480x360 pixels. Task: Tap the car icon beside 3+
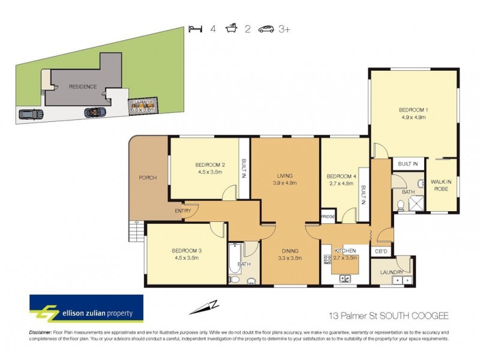pos(266,28)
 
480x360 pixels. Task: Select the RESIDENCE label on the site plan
pos(83,86)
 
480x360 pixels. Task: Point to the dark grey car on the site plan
pos(29,114)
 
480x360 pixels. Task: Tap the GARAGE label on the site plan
pos(143,103)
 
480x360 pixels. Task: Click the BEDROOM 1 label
pos(413,110)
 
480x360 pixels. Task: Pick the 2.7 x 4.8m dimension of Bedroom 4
pos(340,185)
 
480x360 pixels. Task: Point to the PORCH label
pos(147,178)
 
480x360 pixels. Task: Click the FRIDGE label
pos(328,216)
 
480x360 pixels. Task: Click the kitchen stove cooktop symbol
pos(327,259)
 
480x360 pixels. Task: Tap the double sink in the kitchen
pos(346,278)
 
